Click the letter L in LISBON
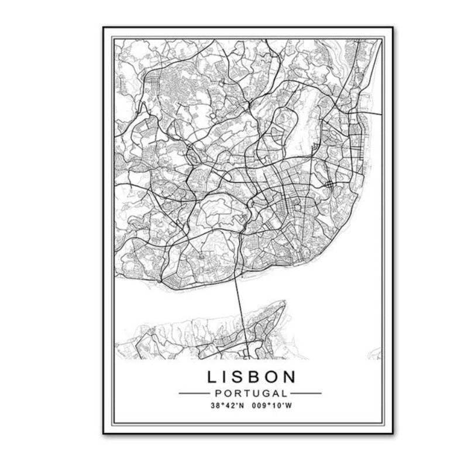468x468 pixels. [211, 376]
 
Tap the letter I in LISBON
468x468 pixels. [225, 376]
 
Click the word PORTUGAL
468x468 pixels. [250, 393]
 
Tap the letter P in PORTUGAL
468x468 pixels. [216, 393]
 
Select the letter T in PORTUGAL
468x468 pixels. [245, 393]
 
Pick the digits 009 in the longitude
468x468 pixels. [259, 405]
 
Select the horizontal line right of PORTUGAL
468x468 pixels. [306, 393]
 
